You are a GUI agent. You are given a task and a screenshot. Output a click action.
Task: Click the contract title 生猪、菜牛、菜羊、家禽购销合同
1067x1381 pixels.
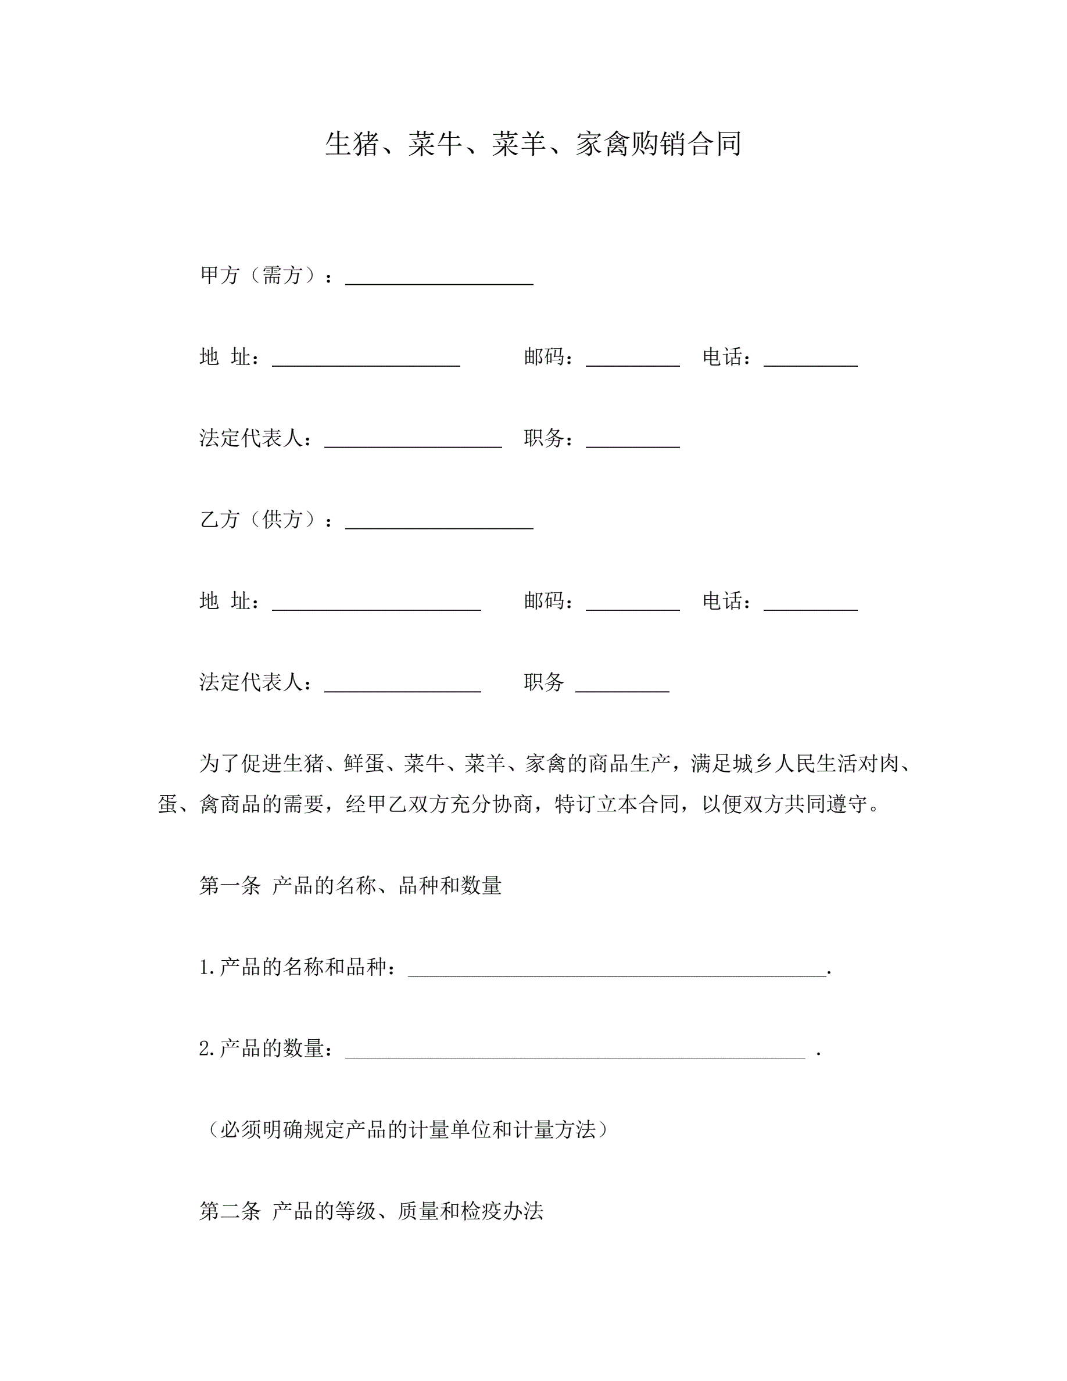point(533,144)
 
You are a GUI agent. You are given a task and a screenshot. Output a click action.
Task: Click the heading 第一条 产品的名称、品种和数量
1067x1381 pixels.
point(350,886)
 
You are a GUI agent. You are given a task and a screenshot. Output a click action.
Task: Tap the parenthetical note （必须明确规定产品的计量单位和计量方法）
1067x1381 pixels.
point(407,1130)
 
